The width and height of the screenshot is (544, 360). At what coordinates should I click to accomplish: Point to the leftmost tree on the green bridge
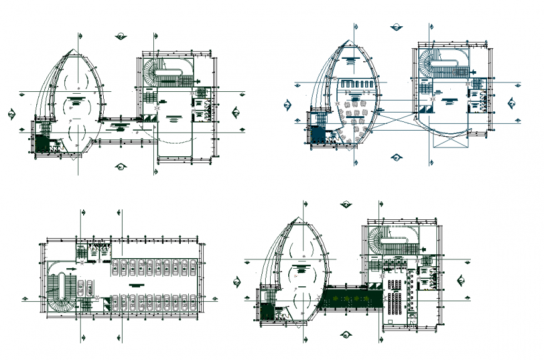[338, 300]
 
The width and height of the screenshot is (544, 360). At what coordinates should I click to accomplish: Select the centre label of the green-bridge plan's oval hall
[300, 270]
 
